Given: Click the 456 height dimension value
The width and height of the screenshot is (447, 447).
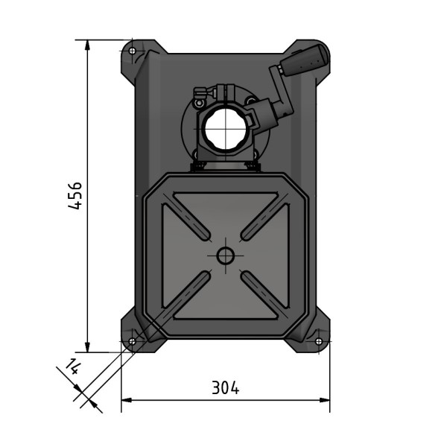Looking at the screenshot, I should [x=75, y=195].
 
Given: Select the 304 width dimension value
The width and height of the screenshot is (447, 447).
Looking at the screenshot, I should [x=225, y=387].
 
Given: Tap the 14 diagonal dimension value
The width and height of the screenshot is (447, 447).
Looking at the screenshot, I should [x=73, y=366].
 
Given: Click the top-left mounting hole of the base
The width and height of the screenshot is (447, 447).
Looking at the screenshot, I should [x=133, y=51].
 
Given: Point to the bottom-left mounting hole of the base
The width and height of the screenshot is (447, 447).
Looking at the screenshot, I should [x=132, y=341].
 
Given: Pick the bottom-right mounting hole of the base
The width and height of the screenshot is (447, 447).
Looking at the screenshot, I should [x=318, y=341].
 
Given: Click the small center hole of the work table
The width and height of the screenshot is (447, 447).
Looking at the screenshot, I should [x=225, y=256].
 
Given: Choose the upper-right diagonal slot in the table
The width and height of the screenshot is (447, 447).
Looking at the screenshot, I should [x=262, y=219].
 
